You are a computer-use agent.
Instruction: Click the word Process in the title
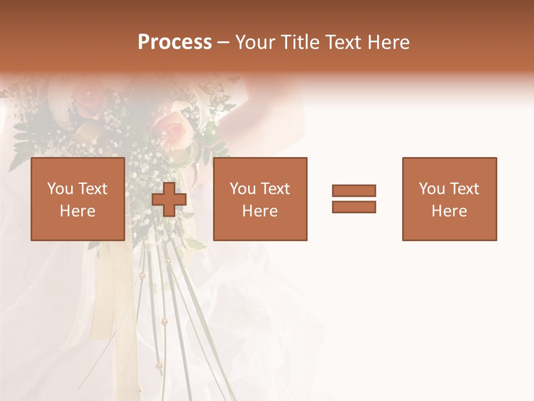tap(175, 42)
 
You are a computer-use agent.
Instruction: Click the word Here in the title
tap(389, 42)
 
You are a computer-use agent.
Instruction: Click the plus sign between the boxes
tap(169, 199)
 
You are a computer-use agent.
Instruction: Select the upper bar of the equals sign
tap(354, 190)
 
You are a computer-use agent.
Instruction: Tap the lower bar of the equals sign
tap(354, 207)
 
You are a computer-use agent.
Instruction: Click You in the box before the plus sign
tap(60, 189)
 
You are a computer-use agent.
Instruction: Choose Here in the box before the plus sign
tap(77, 211)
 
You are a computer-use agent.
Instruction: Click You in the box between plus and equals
tap(243, 189)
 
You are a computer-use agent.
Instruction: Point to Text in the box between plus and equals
tap(275, 189)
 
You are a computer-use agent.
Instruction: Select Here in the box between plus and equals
tap(260, 211)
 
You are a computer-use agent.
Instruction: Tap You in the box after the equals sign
tap(432, 189)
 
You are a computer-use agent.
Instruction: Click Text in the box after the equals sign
tap(464, 189)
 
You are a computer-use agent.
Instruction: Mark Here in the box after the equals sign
tap(449, 211)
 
